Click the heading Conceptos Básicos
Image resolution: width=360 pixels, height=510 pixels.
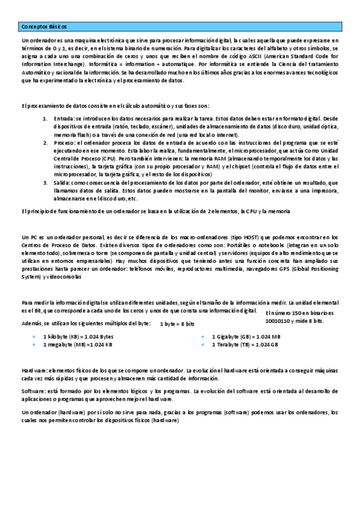pyautogui.click(x=43, y=27)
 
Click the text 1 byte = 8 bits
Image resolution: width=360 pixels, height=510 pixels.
pyautogui.click(x=177, y=324)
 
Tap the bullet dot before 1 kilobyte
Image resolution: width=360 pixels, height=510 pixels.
pyautogui.click(x=34, y=337)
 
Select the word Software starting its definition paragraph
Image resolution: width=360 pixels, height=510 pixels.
pyautogui.click(x=34, y=391)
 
